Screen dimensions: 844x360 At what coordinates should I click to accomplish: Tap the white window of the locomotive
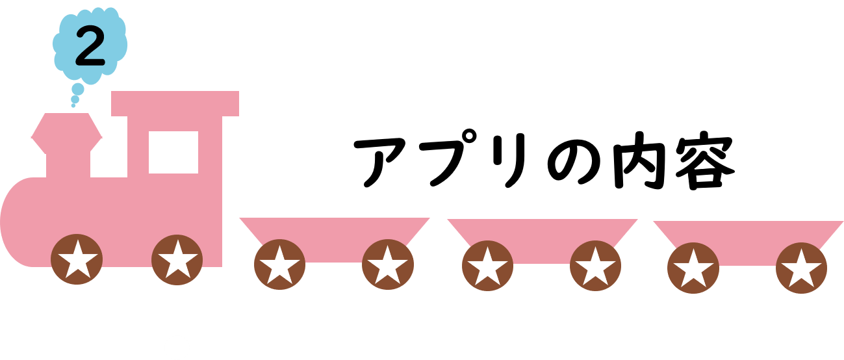173,152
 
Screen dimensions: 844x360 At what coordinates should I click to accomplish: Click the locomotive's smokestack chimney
67,145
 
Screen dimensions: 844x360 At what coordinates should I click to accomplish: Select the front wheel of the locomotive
77,259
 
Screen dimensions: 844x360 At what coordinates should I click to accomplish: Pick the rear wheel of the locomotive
177,260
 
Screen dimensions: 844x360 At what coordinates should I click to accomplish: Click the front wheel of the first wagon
279,264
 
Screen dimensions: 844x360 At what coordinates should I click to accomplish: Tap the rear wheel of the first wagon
388,264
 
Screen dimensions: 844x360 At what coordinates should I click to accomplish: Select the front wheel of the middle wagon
487,266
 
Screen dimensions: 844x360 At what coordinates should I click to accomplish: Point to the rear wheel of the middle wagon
595,266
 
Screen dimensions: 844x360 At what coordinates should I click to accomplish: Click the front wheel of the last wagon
693,268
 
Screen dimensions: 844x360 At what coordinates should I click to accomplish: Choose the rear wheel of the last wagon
801,268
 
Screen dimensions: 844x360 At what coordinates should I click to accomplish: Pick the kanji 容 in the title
704,161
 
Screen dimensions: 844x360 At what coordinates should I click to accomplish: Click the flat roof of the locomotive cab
175,103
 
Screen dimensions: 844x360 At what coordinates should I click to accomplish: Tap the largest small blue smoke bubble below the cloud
78,89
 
